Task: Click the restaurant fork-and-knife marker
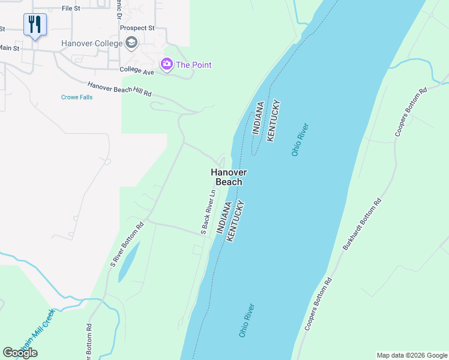(34, 25)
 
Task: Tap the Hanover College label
(92, 44)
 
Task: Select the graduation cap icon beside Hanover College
(131, 43)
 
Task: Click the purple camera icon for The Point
(166, 64)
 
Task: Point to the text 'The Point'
(193, 65)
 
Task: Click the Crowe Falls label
(77, 97)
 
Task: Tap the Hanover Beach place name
(229, 177)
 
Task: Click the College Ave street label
(137, 71)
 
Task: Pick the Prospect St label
(137, 28)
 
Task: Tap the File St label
(71, 9)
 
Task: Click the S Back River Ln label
(208, 212)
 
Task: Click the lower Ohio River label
(247, 320)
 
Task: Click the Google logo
(20, 353)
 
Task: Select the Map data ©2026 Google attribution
(412, 355)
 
